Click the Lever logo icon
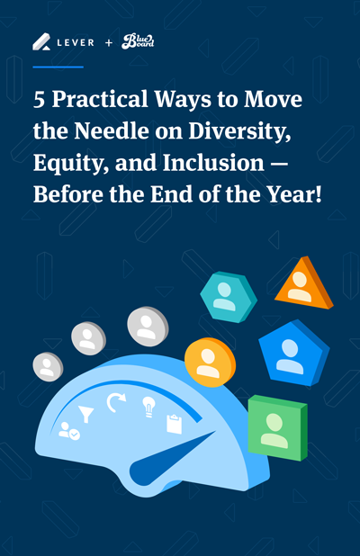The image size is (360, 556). pos(41,42)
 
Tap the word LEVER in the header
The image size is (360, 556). pos(76,43)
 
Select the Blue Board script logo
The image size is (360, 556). pos(138,41)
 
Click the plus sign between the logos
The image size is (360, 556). pos(109,43)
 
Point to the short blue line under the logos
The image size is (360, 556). pos(58,67)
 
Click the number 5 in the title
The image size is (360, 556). pos(39,99)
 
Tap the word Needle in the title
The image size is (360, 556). pos(112,130)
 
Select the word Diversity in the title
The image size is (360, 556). pos(239,132)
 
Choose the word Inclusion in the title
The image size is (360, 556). pos(213,163)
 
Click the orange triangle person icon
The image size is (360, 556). pos(304,284)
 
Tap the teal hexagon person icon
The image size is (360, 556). pos(229,297)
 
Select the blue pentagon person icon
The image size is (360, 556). pos(294,353)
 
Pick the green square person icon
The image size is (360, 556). pos(277,427)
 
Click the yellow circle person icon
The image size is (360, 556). pos(210,363)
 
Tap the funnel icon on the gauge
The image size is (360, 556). pos(85,414)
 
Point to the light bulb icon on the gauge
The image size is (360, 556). pos(148,407)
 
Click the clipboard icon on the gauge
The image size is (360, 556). pos(174,424)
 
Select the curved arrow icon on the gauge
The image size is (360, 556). pos(115,402)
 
